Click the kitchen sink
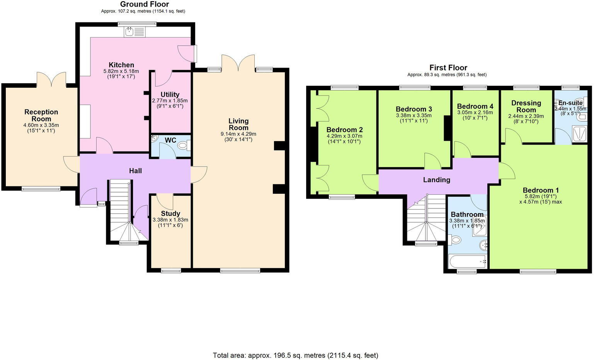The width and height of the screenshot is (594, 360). [134, 32]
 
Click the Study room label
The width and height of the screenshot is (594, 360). [170, 213]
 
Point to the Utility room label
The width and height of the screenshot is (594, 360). [170, 94]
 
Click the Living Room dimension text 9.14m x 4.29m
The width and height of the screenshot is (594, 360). [238, 134]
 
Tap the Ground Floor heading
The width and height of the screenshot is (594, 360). [144, 4]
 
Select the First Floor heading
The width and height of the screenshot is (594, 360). [448, 68]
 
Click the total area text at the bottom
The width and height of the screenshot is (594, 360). [295, 355]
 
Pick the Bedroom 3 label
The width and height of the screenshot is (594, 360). [414, 109]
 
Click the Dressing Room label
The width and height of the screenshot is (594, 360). [526, 106]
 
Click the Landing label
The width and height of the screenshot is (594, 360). [436, 179]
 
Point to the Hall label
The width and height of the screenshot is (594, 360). [135, 171]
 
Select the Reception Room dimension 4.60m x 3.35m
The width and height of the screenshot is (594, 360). [41, 125]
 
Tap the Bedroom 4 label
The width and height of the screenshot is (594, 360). [475, 106]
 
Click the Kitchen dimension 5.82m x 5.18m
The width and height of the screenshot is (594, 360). [121, 71]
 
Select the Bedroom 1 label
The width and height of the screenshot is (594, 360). [540, 190]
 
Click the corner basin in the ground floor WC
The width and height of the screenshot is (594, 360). [155, 138]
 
